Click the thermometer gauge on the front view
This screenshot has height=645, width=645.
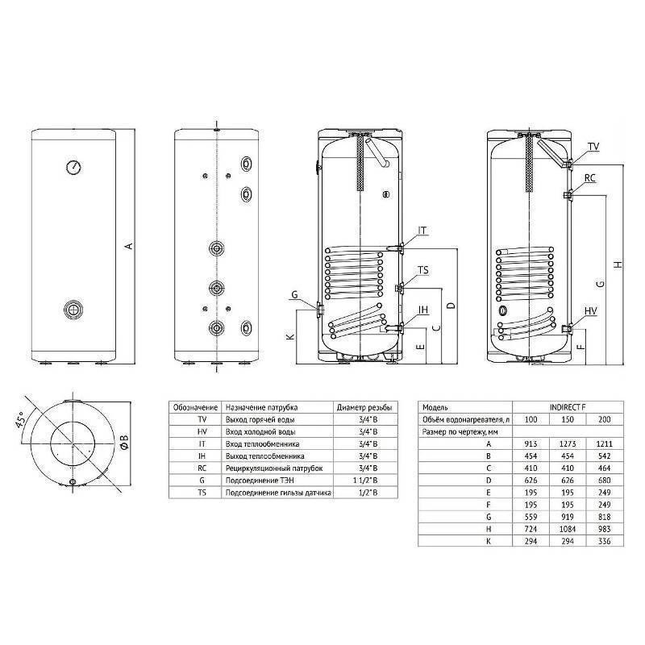(73, 168)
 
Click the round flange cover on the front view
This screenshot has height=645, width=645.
(73, 309)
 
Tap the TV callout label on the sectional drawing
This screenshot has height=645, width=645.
(593, 147)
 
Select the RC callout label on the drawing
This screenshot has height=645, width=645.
(590, 178)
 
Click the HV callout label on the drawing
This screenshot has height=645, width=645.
(591, 311)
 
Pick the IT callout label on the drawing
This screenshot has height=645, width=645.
(422, 231)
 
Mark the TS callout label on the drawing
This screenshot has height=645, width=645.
(423, 270)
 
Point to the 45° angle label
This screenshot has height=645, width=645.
(29, 420)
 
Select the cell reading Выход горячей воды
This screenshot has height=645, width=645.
(256, 421)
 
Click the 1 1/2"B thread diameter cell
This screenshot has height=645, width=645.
(359, 480)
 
